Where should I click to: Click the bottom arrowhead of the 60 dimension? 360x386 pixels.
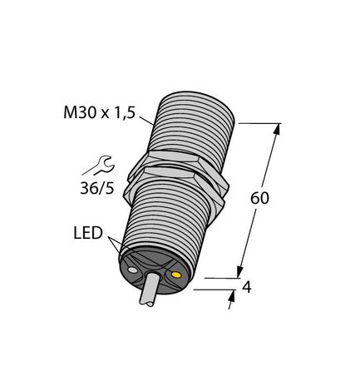pos(242,270)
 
